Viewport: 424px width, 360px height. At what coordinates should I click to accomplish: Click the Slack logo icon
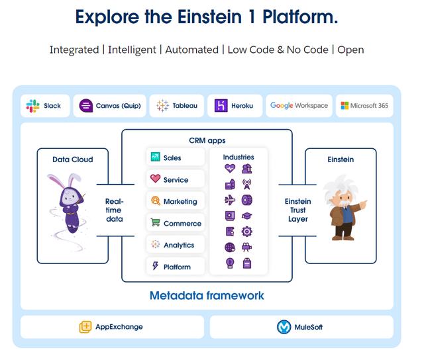click(x=32, y=106)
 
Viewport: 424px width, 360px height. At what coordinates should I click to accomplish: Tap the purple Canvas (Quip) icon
click(x=86, y=106)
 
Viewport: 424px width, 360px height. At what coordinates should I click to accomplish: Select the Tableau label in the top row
click(x=185, y=106)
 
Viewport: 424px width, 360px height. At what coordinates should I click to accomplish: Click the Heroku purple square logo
click(x=221, y=106)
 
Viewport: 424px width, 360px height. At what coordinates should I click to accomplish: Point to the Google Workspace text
click(x=299, y=106)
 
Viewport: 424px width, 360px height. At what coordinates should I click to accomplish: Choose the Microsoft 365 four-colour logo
click(x=344, y=106)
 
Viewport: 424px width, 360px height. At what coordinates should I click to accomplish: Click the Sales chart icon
click(x=155, y=157)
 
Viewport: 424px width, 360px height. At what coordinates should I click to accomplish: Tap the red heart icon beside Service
click(x=155, y=179)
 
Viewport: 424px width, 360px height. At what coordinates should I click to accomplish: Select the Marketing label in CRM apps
click(x=180, y=202)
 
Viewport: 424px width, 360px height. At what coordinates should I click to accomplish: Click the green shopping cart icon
click(x=155, y=222)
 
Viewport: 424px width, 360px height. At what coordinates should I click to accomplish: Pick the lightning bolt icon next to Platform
click(x=155, y=266)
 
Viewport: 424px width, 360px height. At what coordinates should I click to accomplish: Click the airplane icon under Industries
click(x=230, y=200)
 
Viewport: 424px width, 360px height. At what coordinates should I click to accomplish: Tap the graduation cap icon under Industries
click(x=246, y=216)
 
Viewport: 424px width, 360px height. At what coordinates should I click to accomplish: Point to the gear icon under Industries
click(x=246, y=232)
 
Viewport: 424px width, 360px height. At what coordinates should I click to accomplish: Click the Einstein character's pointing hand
click(x=363, y=204)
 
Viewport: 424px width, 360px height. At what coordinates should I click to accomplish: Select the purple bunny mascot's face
click(x=69, y=198)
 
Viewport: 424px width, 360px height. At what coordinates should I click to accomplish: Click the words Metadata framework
click(x=207, y=296)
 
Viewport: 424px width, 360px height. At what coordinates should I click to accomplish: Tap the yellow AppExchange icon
click(x=85, y=327)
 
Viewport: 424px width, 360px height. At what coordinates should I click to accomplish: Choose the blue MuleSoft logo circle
click(x=284, y=327)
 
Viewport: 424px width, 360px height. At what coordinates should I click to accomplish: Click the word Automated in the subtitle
click(x=191, y=50)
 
